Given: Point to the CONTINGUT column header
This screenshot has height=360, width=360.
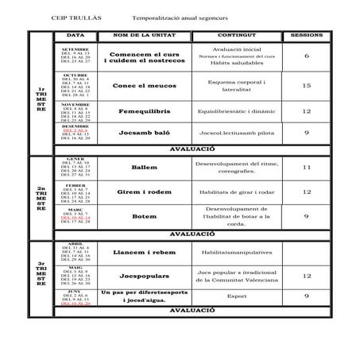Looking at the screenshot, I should [234, 37].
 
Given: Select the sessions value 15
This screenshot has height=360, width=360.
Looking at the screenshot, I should [307, 85].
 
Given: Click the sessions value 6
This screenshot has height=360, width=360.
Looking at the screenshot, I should [307, 56].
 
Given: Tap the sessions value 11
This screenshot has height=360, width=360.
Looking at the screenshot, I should [307, 168].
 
